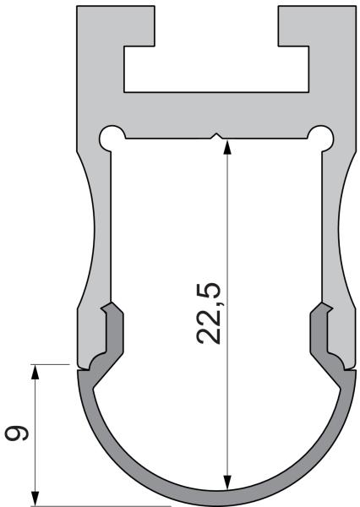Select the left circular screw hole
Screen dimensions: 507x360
pos(112,136)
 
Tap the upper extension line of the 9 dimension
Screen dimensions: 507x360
pos(51,364)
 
